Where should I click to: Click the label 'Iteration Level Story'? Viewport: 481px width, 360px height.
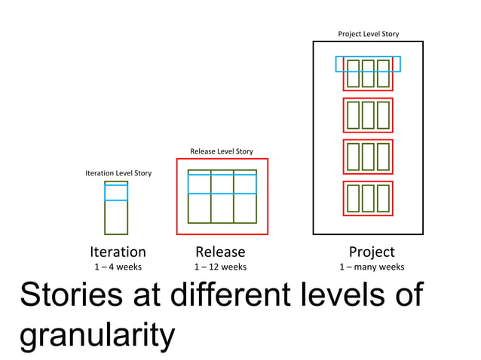(118, 173)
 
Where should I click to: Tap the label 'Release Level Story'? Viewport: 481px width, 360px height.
(221, 151)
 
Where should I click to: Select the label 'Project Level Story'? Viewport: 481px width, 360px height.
(368, 34)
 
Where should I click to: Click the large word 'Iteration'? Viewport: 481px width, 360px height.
(118, 252)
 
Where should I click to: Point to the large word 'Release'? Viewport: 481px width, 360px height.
(220, 252)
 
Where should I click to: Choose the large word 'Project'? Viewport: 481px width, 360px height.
(372, 252)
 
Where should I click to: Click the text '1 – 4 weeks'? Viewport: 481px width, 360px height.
(118, 267)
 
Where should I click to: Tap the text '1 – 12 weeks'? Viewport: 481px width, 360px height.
(220, 267)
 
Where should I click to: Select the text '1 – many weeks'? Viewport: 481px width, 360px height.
(372, 267)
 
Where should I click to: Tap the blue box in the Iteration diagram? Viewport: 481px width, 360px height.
(116, 192)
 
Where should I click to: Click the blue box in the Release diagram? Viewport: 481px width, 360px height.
(222, 184)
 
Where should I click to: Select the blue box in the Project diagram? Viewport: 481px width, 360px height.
(368, 64)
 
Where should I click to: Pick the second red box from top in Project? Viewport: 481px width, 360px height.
(368, 115)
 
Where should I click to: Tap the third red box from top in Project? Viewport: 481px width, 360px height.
(368, 157)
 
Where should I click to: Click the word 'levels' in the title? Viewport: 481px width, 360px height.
(345, 294)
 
